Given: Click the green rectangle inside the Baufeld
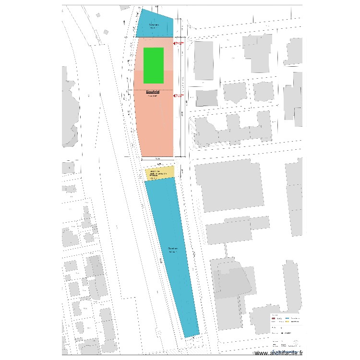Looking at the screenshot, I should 154,65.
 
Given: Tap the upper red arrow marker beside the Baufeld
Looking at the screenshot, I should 179,43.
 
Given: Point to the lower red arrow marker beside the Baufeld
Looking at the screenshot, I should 179,96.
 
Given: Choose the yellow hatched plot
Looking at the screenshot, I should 160,173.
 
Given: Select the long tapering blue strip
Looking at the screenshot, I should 173,254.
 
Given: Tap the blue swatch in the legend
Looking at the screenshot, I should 288,319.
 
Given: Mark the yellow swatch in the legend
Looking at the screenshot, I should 288,323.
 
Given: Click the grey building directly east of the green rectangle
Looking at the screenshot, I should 203,60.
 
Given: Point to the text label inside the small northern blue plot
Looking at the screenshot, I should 154,26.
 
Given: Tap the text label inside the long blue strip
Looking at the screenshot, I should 173,250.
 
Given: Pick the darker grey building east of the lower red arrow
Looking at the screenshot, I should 206,97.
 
